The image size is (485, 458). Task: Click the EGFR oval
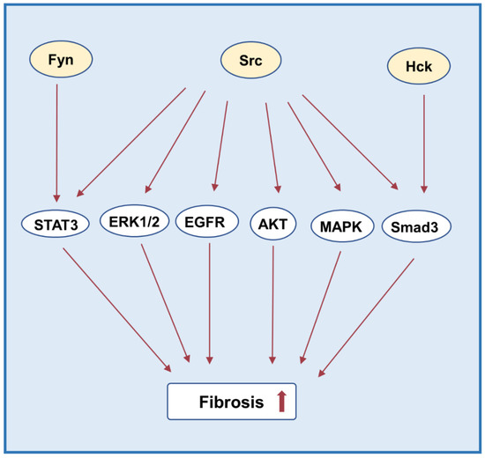pyautogui.click(x=207, y=220)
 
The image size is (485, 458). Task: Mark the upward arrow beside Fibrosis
pyautogui.click(x=281, y=401)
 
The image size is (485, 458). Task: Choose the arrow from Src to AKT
pyautogui.click(x=272, y=146)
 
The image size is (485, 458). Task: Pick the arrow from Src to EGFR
pyautogui.click(x=220, y=145)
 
